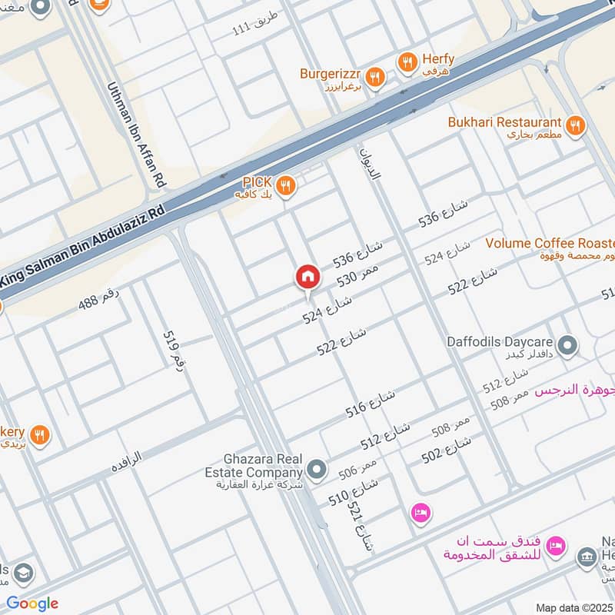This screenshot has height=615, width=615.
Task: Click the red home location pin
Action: click(x=307, y=278)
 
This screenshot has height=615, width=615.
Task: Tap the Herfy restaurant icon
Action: click(x=407, y=61)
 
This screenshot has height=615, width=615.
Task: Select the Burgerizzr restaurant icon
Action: click(x=374, y=75)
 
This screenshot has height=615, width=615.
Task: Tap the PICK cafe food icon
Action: click(x=285, y=184)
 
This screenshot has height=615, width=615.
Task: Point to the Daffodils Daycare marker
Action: click(x=567, y=346)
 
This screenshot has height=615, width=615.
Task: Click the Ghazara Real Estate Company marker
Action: click(x=316, y=468)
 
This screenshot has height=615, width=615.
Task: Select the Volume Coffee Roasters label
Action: click(x=550, y=243)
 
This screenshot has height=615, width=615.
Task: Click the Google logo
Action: click(x=32, y=603)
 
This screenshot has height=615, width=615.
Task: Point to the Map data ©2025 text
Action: click(x=574, y=607)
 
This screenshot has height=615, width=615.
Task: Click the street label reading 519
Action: click(x=175, y=350)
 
